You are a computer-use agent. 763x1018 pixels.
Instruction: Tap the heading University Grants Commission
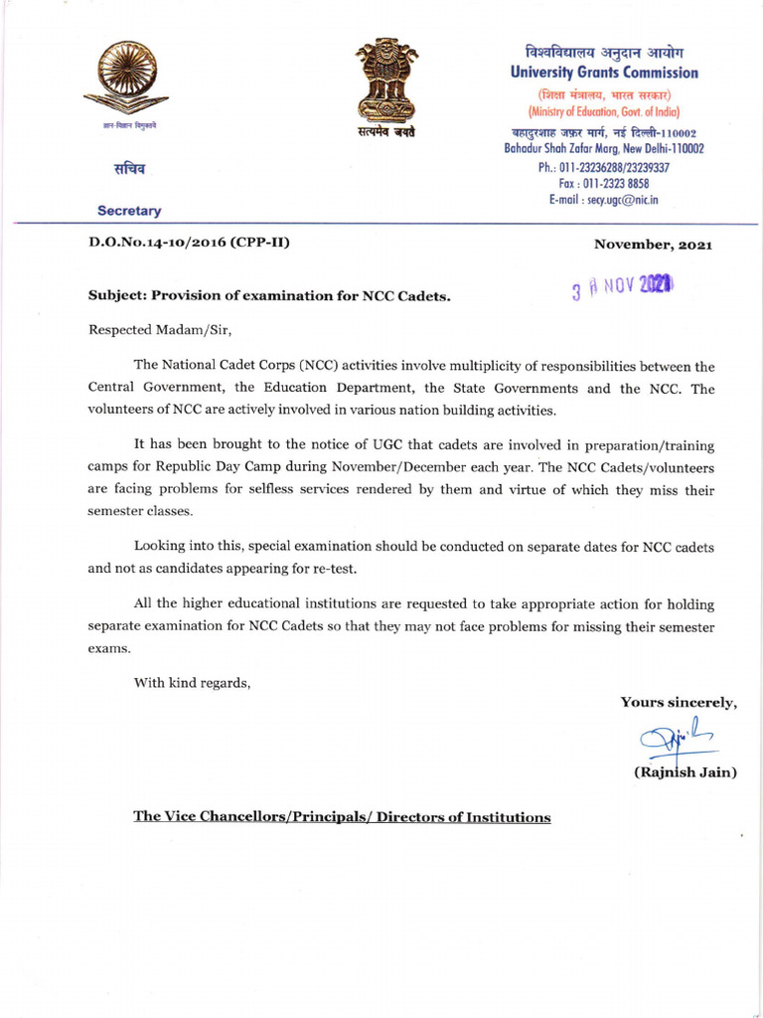pyautogui.click(x=604, y=73)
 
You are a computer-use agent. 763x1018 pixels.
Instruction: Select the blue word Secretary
pyautogui.click(x=129, y=211)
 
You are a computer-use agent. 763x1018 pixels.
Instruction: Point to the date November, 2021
pyautogui.click(x=653, y=245)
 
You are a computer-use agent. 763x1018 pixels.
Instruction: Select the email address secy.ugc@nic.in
pyautogui.click(x=603, y=200)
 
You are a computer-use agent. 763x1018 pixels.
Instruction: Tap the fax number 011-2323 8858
pyautogui.click(x=604, y=184)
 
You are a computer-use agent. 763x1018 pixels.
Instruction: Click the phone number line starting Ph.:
pyautogui.click(x=604, y=167)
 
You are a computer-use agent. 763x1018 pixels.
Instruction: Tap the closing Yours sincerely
pyautogui.click(x=679, y=703)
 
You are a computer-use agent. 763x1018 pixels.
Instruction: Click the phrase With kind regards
pyautogui.click(x=193, y=682)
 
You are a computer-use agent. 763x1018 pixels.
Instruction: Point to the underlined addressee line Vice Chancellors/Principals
pyautogui.click(x=342, y=817)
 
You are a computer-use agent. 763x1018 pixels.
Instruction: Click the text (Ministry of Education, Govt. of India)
pyautogui.click(x=604, y=111)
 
